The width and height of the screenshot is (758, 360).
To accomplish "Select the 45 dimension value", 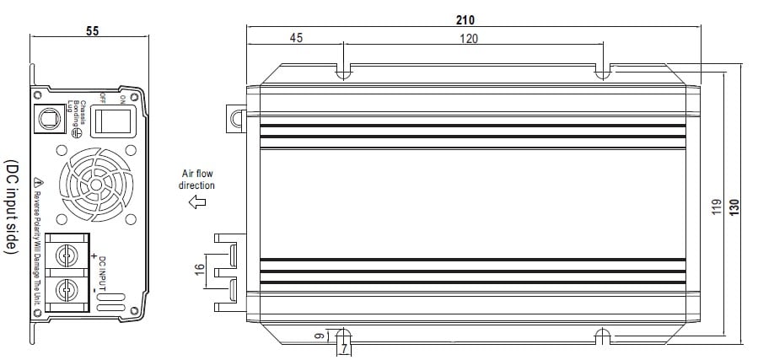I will coord(296,38).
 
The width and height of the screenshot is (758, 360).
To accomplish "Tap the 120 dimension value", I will coord(470,38).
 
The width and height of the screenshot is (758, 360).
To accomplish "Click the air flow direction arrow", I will coord(198,201).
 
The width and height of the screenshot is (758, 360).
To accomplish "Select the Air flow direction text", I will coord(198,179).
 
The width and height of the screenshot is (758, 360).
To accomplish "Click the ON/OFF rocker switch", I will coord(110,120).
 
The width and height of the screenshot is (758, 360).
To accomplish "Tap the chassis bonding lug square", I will coord(51,116).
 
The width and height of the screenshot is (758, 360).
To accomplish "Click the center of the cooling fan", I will coord(95,183).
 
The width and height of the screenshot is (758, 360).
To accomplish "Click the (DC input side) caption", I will coord(11,206).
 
